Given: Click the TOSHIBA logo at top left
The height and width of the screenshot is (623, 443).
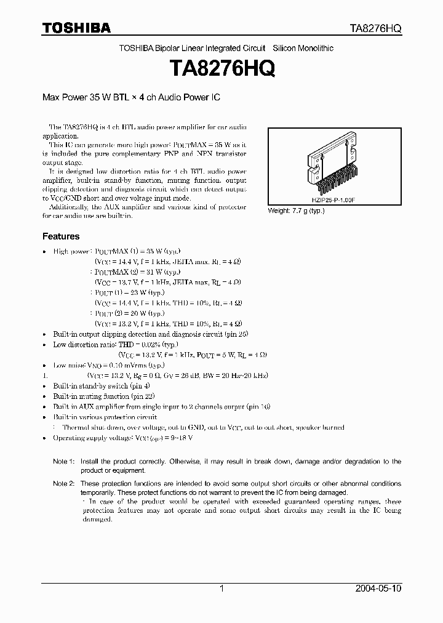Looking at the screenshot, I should (x=76, y=28).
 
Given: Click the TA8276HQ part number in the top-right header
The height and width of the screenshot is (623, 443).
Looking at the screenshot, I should (x=375, y=29).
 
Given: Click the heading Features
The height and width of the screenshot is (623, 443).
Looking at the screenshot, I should (x=60, y=236).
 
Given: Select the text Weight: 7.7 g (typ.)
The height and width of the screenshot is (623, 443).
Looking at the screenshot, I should (x=296, y=211).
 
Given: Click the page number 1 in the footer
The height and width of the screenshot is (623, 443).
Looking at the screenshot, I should (x=221, y=589).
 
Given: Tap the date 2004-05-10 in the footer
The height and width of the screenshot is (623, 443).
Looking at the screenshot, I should (x=378, y=589).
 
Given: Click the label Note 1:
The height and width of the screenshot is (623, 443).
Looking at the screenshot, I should (x=63, y=461).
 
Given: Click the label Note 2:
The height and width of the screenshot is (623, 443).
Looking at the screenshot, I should (x=63, y=484).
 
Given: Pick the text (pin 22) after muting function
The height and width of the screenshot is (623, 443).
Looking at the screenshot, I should (x=142, y=396).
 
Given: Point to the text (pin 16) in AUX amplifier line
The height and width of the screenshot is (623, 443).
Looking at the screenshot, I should (x=261, y=407).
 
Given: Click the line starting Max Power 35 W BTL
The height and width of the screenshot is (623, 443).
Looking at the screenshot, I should (x=131, y=98).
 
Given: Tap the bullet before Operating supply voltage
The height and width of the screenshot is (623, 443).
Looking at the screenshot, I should (x=44, y=438).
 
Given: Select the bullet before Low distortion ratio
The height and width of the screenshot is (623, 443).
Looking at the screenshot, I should (x=44, y=345).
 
